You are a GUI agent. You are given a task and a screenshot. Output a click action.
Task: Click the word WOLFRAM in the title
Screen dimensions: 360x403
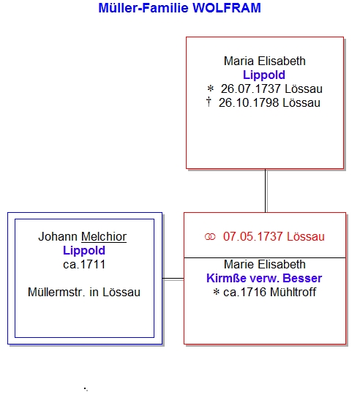(x=227, y=8)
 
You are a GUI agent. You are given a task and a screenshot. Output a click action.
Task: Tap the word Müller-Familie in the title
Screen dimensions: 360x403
(x=143, y=8)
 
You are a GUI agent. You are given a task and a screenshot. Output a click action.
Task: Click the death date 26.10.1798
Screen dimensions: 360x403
(x=249, y=103)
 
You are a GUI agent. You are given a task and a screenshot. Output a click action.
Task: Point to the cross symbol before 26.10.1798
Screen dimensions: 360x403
(x=209, y=102)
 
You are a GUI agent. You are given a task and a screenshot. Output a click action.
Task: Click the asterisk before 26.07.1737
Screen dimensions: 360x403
(x=210, y=89)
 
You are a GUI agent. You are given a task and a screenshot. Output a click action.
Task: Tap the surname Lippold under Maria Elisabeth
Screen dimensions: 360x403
(x=264, y=75)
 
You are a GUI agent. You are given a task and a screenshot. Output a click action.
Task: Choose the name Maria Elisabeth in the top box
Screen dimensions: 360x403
(x=265, y=61)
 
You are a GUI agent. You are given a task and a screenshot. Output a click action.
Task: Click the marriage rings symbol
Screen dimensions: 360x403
(x=210, y=237)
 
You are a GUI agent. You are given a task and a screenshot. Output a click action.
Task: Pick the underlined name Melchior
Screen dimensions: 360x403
(x=104, y=237)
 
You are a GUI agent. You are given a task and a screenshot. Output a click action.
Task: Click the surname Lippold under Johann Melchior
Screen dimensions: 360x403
(x=84, y=251)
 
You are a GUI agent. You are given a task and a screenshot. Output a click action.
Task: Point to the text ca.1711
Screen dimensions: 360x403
(x=84, y=265)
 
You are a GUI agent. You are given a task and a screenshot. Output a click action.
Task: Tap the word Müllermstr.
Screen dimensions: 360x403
(x=56, y=293)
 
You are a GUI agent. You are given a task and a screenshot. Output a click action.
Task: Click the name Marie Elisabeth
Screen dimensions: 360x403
(x=265, y=265)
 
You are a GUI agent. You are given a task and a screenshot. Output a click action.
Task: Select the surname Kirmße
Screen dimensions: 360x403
(x=226, y=279)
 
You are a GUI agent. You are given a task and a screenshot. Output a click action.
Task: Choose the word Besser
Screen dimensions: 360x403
(x=302, y=279)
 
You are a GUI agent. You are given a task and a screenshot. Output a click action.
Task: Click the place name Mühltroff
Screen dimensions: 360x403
(x=293, y=293)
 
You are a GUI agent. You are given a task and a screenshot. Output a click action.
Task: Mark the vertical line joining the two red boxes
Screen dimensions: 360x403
(x=266, y=191)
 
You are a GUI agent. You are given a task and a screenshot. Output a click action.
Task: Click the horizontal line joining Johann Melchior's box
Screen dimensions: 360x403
(x=173, y=279)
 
